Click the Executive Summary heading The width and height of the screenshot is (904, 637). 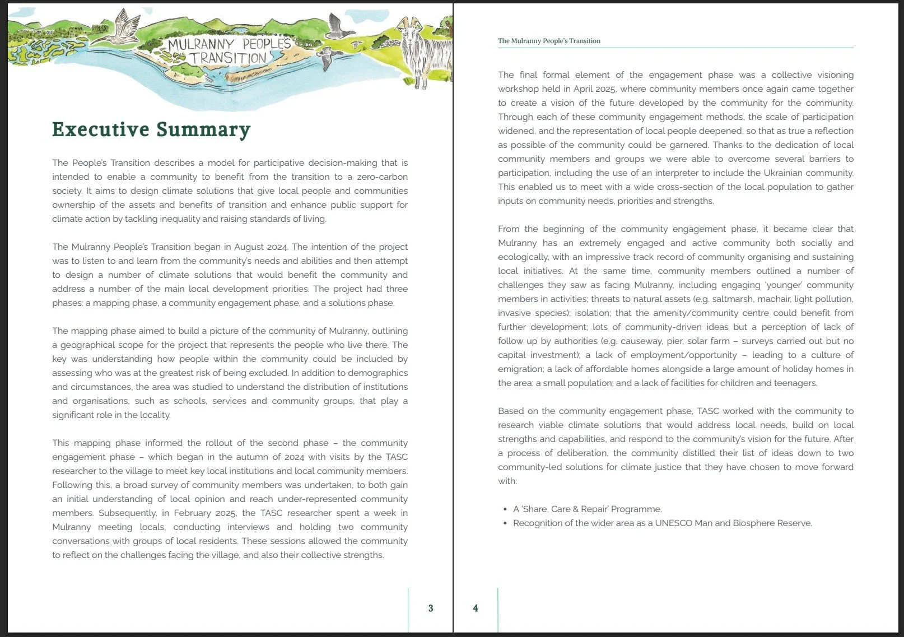click(x=151, y=129)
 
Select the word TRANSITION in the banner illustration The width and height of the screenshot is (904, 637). click(x=227, y=58)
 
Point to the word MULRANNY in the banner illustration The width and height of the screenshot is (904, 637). click(x=201, y=45)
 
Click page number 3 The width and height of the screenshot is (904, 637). click(x=431, y=608)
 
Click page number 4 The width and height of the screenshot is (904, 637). click(x=476, y=608)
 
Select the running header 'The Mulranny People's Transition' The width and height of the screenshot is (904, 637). click(x=549, y=41)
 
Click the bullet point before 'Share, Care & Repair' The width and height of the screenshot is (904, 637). click(x=505, y=509)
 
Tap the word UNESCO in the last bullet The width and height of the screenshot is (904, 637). click(x=673, y=523)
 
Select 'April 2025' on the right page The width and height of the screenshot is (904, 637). click(x=594, y=89)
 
